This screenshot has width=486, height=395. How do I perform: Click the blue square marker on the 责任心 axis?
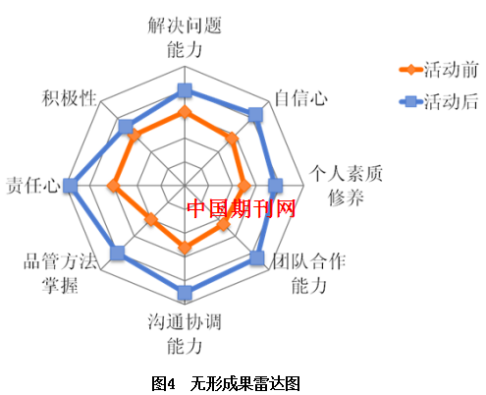pyautogui.click(x=70, y=186)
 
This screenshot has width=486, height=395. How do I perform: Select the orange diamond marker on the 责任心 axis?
pyautogui.click(x=114, y=186)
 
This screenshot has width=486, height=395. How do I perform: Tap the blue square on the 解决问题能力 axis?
pyautogui.click(x=185, y=90)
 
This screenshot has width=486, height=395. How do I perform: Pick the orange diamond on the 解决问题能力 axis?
pyautogui.click(x=185, y=112)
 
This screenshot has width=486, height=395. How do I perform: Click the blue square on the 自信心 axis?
pyautogui.click(x=255, y=114)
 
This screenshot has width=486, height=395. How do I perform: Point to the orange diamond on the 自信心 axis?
pyautogui.click(x=232, y=139)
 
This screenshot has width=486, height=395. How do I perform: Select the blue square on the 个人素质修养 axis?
pyautogui.click(x=275, y=186)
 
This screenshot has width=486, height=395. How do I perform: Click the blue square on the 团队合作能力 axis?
pyautogui.click(x=257, y=257)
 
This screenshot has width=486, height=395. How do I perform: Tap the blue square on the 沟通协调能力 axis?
pyautogui.click(x=185, y=293)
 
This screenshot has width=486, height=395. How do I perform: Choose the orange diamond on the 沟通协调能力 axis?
pyautogui.click(x=185, y=248)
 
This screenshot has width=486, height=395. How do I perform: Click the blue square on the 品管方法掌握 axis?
pyautogui.click(x=117, y=254)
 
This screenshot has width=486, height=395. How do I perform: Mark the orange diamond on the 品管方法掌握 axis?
pyautogui.click(x=151, y=219)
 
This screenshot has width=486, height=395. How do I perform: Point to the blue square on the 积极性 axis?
pyautogui.click(x=126, y=127)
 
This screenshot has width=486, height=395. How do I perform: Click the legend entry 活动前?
pyautogui.click(x=439, y=70)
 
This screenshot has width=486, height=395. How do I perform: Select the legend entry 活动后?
pyautogui.click(x=439, y=101)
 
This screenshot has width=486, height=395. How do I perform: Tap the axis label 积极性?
pyautogui.click(x=69, y=98)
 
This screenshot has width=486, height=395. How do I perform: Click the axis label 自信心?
pyautogui.click(x=300, y=98)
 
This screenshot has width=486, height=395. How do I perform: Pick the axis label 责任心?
pyautogui.click(x=33, y=186)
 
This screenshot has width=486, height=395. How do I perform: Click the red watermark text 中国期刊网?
pyautogui.click(x=241, y=208)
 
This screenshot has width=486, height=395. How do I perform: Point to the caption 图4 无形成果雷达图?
pyautogui.click(x=226, y=383)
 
